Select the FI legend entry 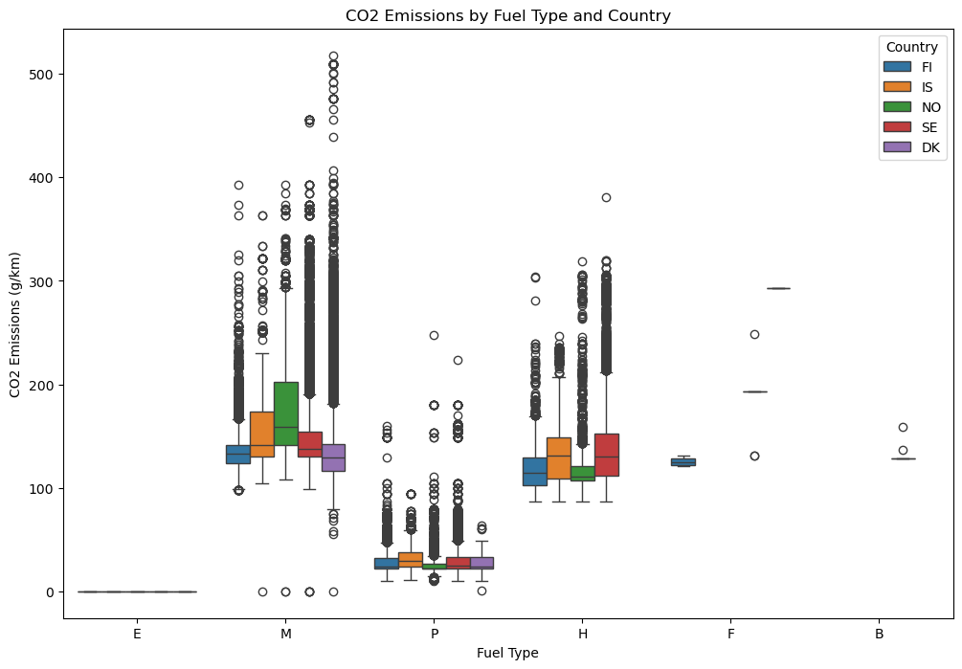926,67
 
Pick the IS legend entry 925,87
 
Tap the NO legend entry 928,107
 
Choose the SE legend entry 926,127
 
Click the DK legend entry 927,147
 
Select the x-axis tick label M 286,634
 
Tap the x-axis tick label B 879,634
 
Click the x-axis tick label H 583,634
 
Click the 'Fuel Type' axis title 507,654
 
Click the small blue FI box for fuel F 683,462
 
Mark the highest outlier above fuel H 606,198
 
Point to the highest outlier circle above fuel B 903,428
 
